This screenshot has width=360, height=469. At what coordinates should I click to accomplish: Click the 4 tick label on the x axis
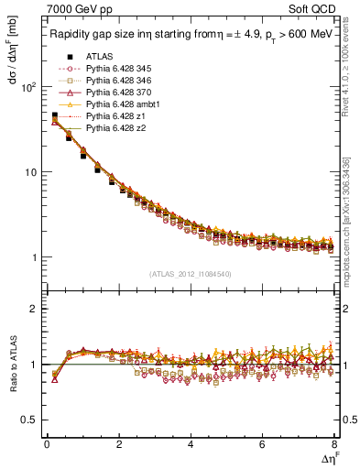(x=191, y=445)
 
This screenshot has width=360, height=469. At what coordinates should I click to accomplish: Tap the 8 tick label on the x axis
(x=333, y=445)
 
